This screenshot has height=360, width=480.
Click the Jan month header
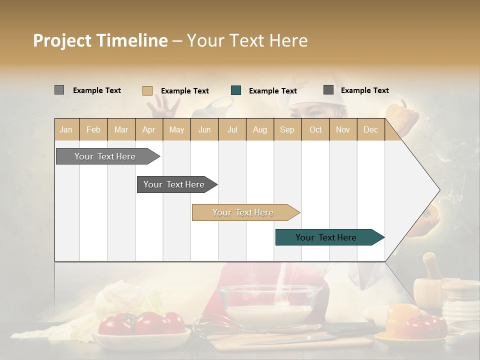click(66, 129)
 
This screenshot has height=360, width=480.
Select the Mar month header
click(121, 129)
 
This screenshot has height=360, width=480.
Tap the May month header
click(176, 129)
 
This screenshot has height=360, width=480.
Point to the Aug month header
click(259, 129)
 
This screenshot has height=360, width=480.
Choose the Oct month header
click(315, 129)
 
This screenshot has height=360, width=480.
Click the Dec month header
click(370, 129)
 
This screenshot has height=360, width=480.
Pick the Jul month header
click(232, 129)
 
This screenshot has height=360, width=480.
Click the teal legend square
click(236, 90)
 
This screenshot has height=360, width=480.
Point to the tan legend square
click(147, 90)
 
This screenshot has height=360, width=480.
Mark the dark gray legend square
click(328, 90)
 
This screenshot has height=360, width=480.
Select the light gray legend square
click(59, 90)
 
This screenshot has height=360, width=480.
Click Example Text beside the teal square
click(272, 90)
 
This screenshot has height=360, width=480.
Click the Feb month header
click(93, 129)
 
